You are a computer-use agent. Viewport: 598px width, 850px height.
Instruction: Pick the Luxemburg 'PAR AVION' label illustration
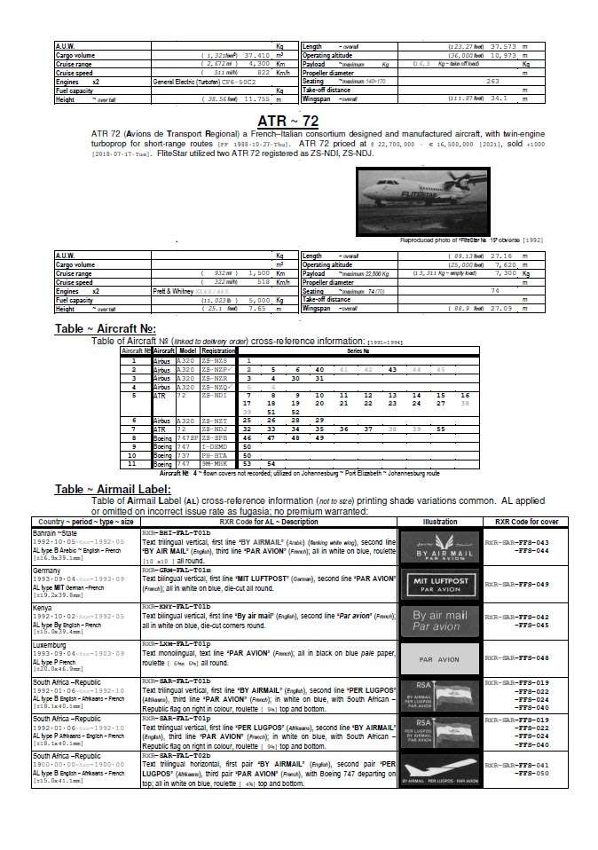coord(438,659)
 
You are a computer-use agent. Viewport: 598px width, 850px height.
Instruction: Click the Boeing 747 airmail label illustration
coord(438,767)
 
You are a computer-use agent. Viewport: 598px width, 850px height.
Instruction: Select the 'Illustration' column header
coord(438,521)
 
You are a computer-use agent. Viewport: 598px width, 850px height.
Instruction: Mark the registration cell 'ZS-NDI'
coord(214,395)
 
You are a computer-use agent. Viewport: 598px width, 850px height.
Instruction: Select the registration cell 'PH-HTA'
coord(214,454)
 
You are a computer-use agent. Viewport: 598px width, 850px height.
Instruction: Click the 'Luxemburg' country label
coord(51,643)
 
